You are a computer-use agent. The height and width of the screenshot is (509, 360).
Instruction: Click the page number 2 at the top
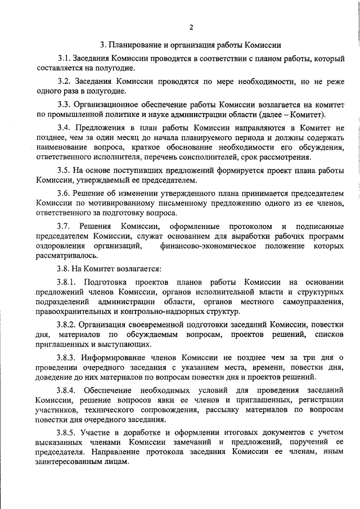tap(191, 28)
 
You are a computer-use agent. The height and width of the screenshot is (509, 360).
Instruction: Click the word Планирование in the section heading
tap(134, 44)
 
